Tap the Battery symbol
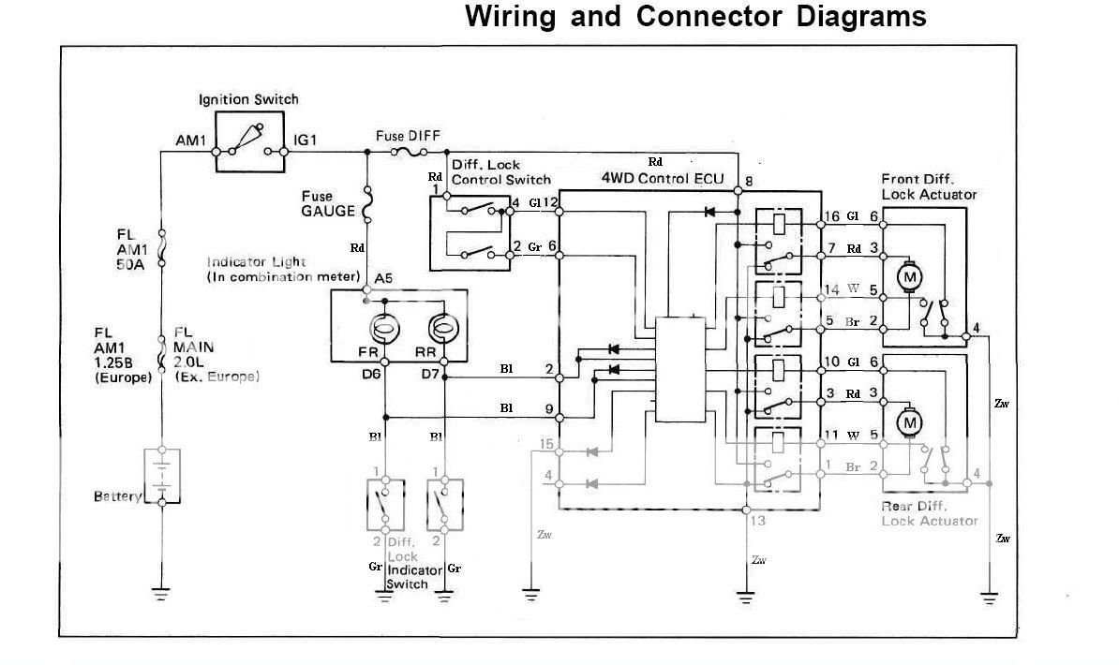(162, 476)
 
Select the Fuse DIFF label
(408, 136)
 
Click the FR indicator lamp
(384, 329)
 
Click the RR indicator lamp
(443, 329)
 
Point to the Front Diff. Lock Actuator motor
(909, 277)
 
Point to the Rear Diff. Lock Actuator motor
(909, 423)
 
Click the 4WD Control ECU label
(667, 178)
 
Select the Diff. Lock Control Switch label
(500, 171)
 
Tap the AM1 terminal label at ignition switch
(190, 140)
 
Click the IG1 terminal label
(306, 140)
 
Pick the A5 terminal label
(383, 278)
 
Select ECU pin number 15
(547, 444)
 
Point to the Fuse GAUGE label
(327, 204)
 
